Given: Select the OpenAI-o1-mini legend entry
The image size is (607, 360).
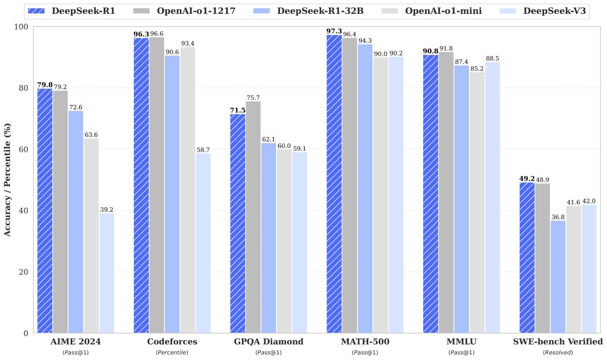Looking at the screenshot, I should [x=442, y=11].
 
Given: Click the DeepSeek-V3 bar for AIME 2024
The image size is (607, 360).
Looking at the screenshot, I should [x=107, y=273].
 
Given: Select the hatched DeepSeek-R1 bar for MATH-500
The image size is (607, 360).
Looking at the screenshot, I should [x=334, y=184].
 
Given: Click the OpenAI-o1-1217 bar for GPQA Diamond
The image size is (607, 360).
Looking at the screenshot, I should [x=253, y=217].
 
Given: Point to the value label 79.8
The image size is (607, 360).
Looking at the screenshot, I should [x=44, y=85].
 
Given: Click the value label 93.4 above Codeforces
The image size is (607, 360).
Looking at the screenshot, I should [x=188, y=43].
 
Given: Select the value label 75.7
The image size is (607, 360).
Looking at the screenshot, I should [x=253, y=98].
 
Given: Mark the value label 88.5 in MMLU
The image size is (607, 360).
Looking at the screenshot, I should [x=492, y=58].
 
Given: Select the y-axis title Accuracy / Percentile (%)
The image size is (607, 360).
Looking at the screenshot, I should [x=8, y=180].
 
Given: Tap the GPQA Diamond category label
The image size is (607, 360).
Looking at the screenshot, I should [x=268, y=342].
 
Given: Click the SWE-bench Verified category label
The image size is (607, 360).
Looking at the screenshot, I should [x=558, y=342].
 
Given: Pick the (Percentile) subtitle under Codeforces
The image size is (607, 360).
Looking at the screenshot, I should [x=172, y=353].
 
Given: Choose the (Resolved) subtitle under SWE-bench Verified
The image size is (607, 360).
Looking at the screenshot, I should [x=558, y=353].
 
